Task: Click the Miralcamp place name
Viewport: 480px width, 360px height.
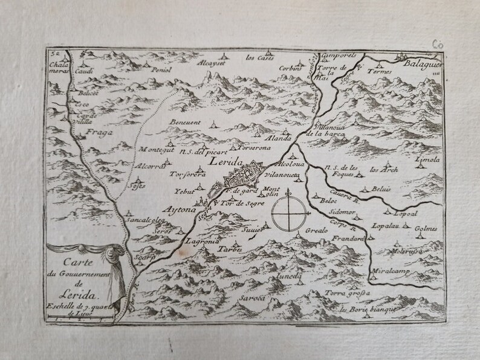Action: tap(392, 271)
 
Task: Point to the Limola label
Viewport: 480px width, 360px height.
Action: tap(428, 160)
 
